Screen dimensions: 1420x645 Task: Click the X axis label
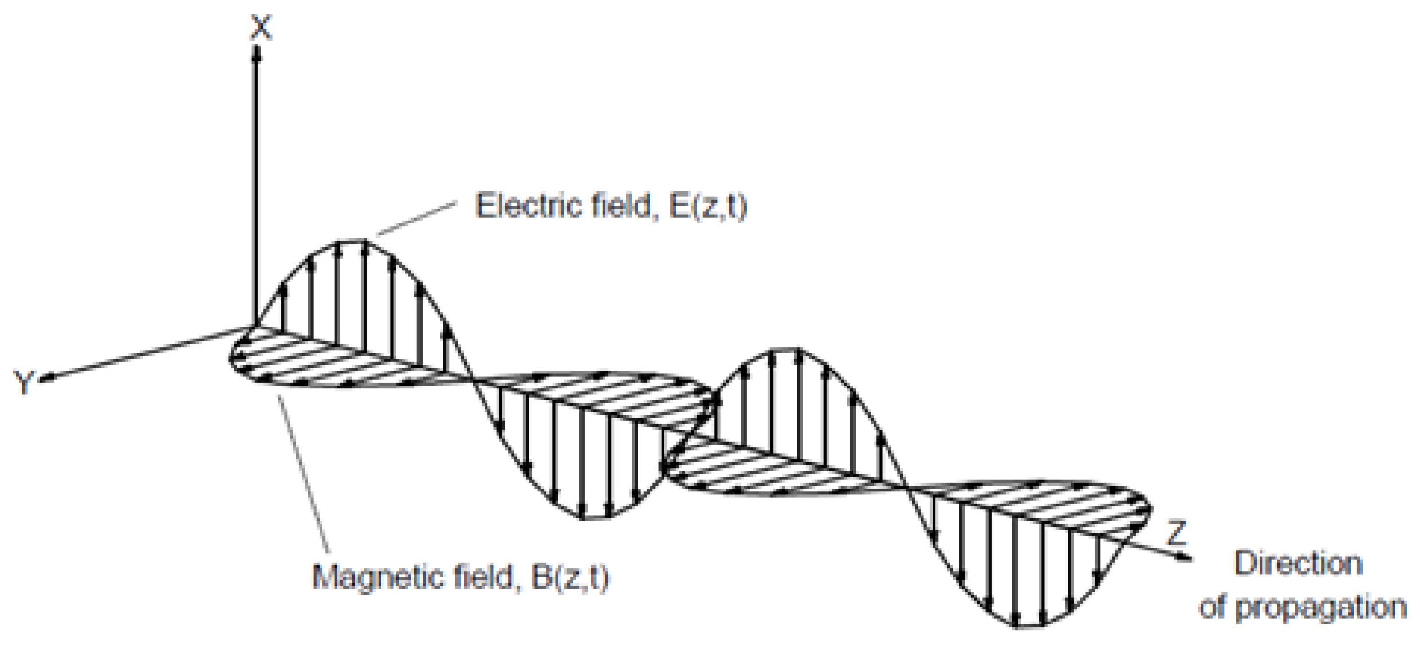coord(261,27)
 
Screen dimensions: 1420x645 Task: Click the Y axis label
coord(24,383)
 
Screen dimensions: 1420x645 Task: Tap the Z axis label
coord(1176,533)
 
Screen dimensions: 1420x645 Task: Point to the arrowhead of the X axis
coord(257,53)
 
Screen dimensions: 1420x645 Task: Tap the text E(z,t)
coord(708,206)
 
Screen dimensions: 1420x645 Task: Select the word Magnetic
coord(378,576)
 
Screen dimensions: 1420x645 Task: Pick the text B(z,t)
coord(570,576)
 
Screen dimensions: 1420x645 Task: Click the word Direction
coord(1298,564)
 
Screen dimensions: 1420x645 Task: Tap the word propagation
coord(1321,608)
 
